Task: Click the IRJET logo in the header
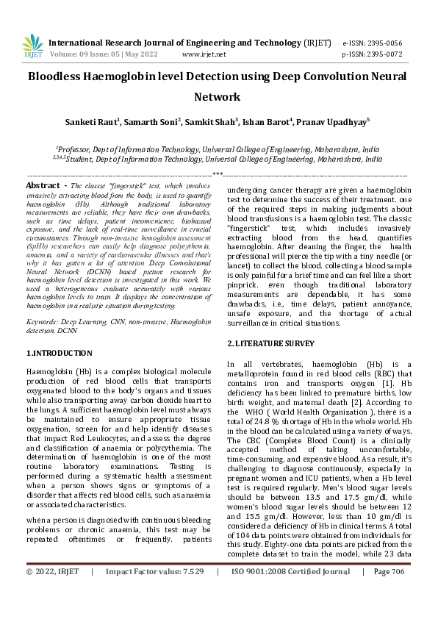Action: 33,46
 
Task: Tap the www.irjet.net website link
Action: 204,54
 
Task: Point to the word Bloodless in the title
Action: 62,76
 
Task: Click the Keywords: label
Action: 44,322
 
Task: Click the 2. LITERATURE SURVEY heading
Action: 270,343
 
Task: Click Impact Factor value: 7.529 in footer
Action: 154,592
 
